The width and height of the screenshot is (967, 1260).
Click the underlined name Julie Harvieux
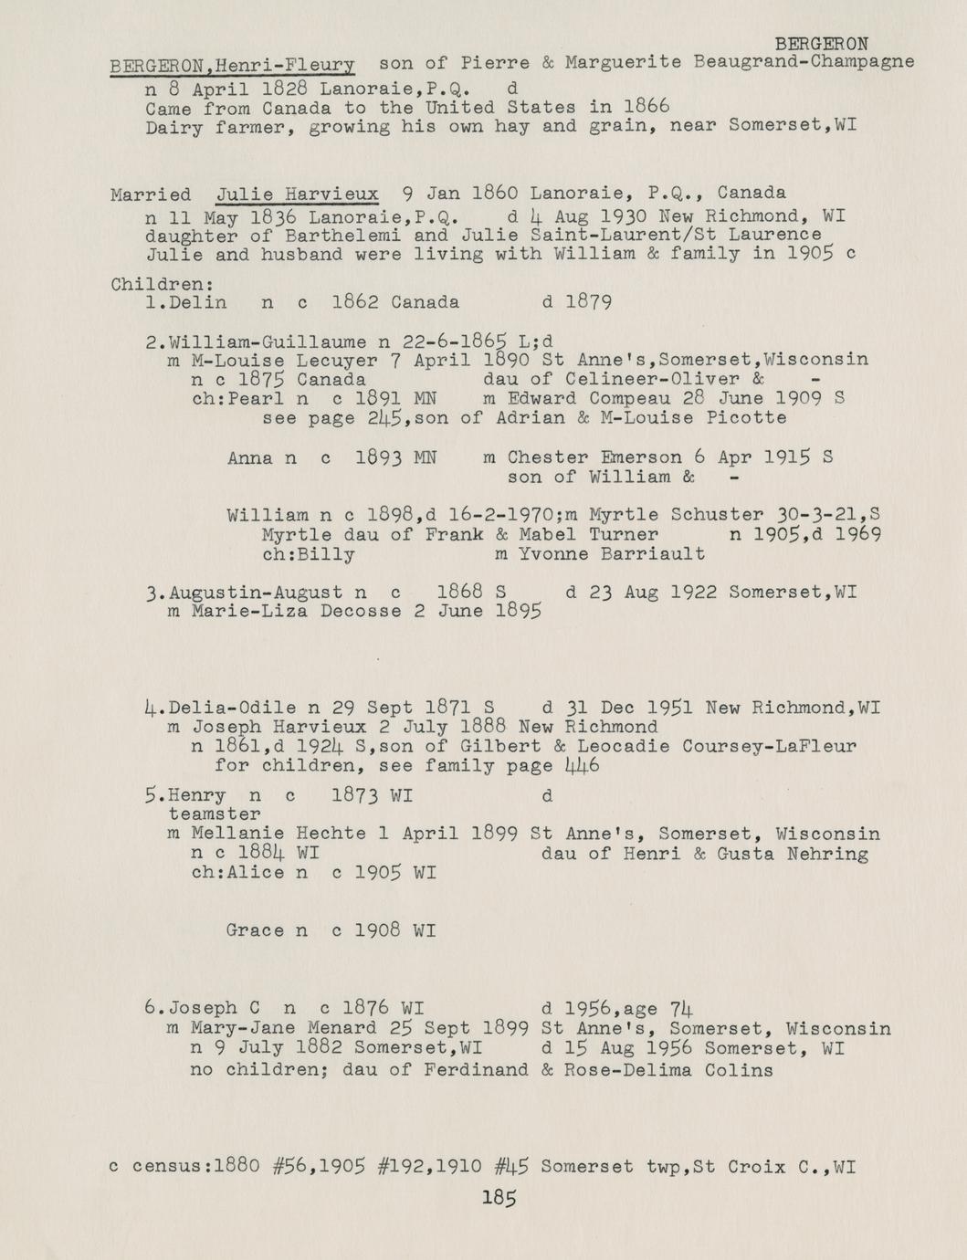(x=297, y=194)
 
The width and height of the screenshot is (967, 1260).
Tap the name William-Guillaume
(x=268, y=342)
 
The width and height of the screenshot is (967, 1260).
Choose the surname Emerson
(x=635, y=457)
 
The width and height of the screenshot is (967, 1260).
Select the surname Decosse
(x=360, y=612)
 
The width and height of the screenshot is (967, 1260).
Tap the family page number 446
(x=582, y=765)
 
